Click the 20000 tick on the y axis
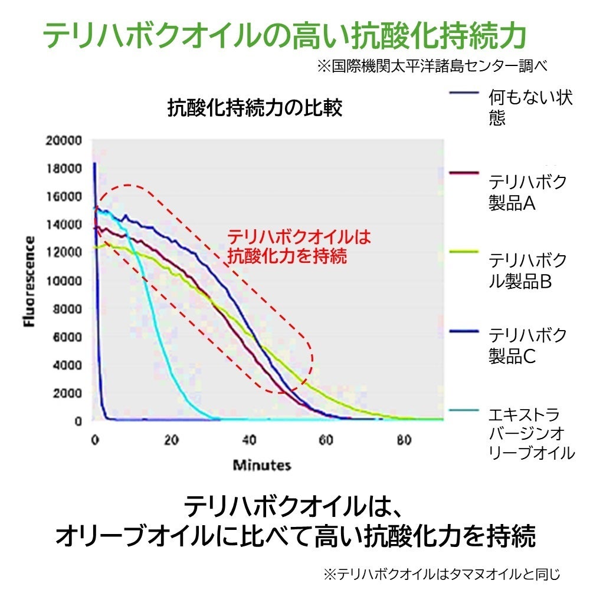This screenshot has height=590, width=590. tap(65, 141)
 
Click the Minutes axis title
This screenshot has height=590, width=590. tap(262, 465)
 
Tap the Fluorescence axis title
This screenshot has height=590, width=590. tap(29, 282)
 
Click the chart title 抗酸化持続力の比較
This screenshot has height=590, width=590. tap(255, 108)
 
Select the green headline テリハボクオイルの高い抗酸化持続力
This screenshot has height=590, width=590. tap(285, 37)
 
